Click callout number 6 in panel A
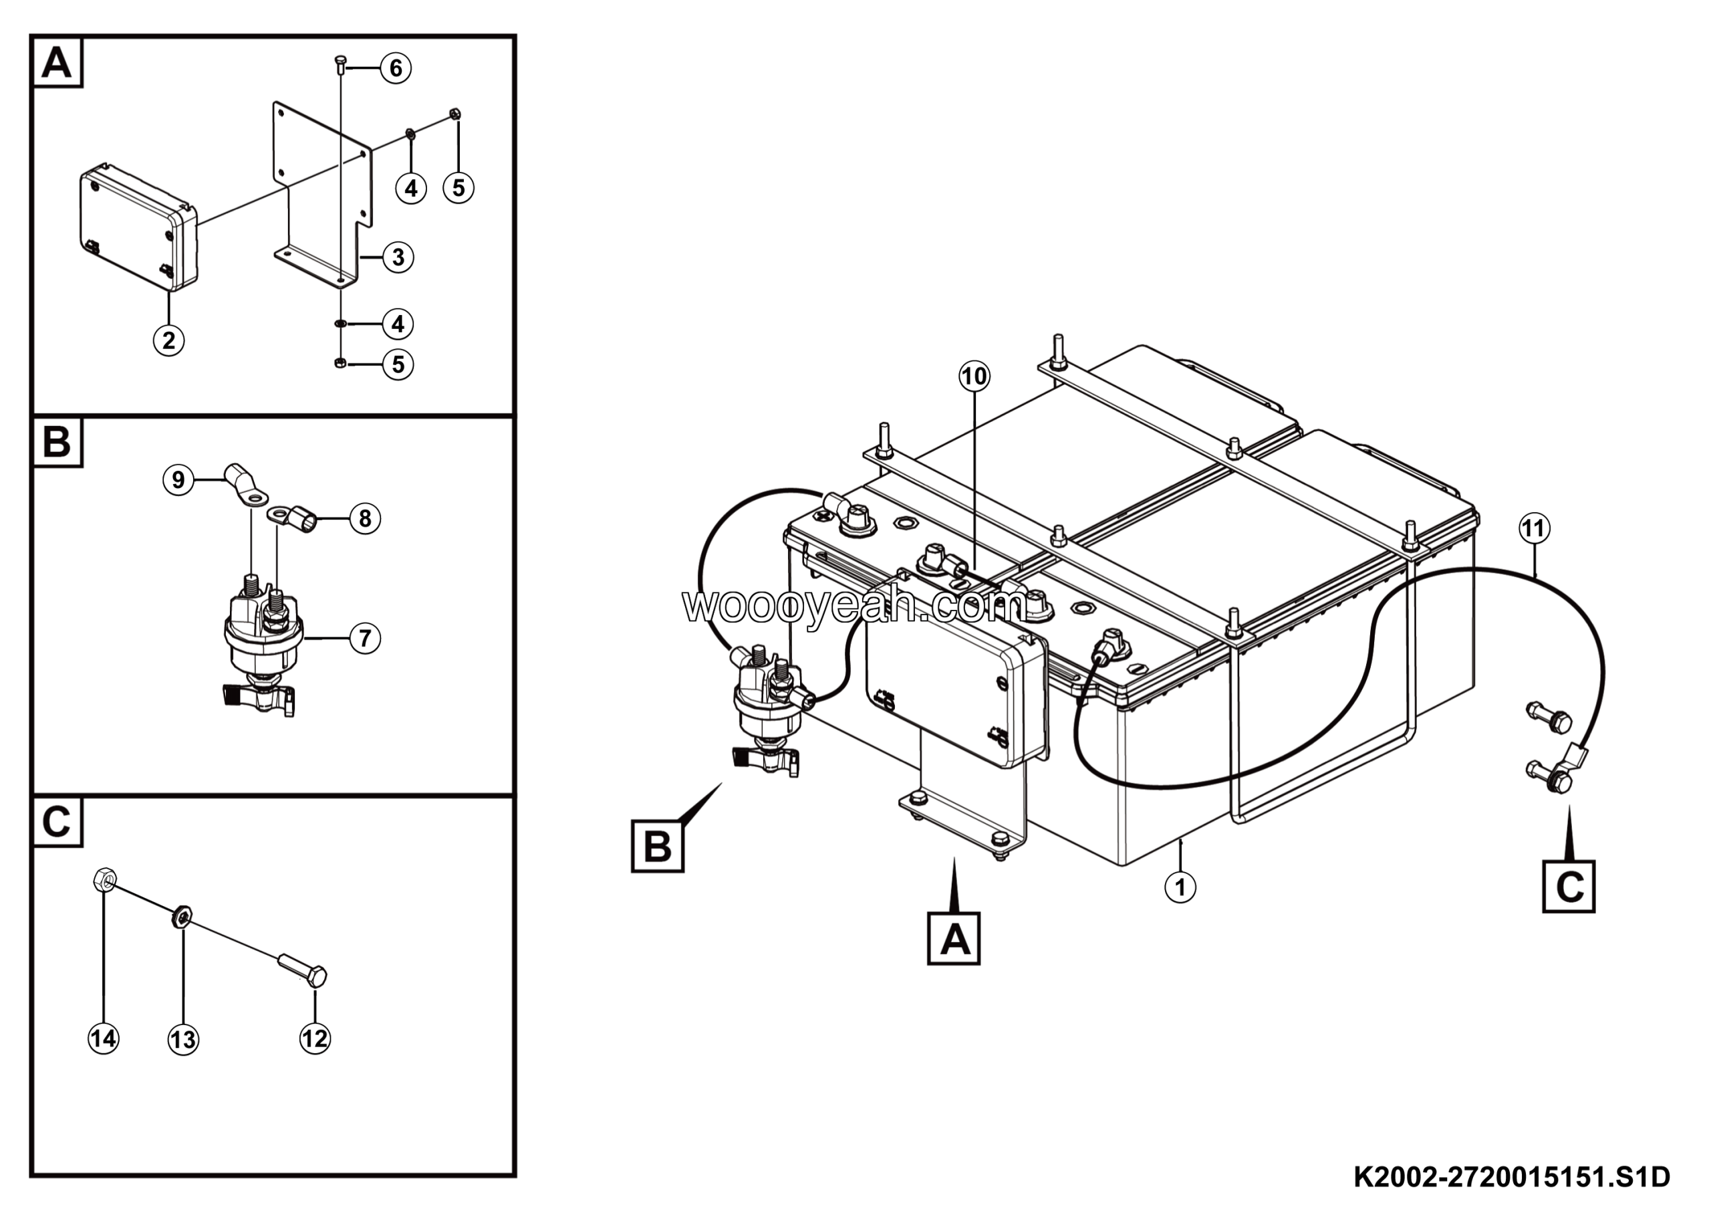click(396, 69)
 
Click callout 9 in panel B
click(178, 479)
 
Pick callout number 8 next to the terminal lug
click(364, 518)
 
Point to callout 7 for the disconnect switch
click(364, 638)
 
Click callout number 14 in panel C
click(103, 1038)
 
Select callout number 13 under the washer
click(183, 1039)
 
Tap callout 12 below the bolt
click(315, 1038)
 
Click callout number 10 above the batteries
click(974, 376)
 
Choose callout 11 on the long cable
click(1535, 528)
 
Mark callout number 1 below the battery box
click(1180, 887)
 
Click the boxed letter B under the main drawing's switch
click(657, 847)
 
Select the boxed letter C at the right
click(1569, 887)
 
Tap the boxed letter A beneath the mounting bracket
click(953, 938)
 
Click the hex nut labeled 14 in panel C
click(104, 879)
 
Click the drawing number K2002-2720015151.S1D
click(1511, 1177)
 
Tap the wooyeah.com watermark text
click(853, 606)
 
